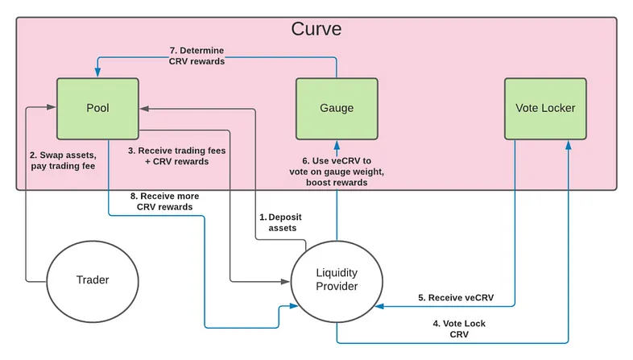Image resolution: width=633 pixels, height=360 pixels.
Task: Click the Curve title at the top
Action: pos(316,29)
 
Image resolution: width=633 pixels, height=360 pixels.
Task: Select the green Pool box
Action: pos(97,109)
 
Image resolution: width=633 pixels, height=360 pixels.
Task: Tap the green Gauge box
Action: pos(337,109)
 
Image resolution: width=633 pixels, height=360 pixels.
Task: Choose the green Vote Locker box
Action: pos(545,109)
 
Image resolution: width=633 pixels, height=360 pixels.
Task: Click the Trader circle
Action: pos(93,281)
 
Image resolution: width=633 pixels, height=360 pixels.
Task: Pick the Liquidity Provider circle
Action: pos(337,281)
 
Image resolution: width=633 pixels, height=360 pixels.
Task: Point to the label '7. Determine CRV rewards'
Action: pos(197,56)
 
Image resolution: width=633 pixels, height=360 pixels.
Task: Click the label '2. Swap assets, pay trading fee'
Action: pos(63,160)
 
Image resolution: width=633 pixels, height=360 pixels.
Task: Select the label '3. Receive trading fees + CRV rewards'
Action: pos(177,155)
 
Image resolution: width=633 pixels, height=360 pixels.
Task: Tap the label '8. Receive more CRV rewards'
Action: pos(165,201)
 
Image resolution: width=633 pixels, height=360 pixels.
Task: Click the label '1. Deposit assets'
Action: pos(280,222)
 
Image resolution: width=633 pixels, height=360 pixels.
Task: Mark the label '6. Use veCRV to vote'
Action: pos(337,166)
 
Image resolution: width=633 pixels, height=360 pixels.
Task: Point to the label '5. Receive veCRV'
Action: pos(456,297)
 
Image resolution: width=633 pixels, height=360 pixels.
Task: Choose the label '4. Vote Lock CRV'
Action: pos(459,329)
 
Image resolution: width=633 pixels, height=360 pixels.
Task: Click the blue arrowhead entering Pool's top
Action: pos(97,72)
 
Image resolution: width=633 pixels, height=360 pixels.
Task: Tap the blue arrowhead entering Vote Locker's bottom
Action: pos(569,145)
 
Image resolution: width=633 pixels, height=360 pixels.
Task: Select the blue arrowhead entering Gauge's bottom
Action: pos(337,145)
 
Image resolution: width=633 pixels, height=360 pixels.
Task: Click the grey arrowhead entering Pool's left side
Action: pos(52,107)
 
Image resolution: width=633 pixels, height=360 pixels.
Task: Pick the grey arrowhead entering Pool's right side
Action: pos(145,109)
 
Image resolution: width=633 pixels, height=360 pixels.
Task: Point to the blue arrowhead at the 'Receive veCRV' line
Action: pos(380,306)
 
